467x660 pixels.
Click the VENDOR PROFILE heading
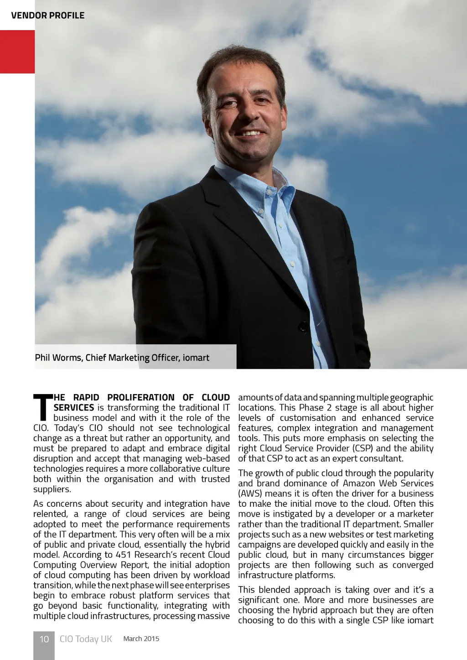[x=47, y=16]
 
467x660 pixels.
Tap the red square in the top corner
[x=17, y=52]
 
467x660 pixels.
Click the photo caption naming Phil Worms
[x=122, y=358]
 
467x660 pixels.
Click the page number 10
[x=44, y=639]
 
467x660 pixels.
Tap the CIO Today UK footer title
[x=86, y=639]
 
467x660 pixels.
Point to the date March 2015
[x=141, y=639]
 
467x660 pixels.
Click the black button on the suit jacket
[x=303, y=327]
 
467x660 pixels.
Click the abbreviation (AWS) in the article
[x=250, y=494]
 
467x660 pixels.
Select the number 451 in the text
[x=123, y=555]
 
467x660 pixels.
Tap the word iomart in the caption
[x=196, y=358]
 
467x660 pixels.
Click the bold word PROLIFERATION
[x=141, y=397]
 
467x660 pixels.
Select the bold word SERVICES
[x=74, y=408]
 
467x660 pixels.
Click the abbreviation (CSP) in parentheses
[x=363, y=448]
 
